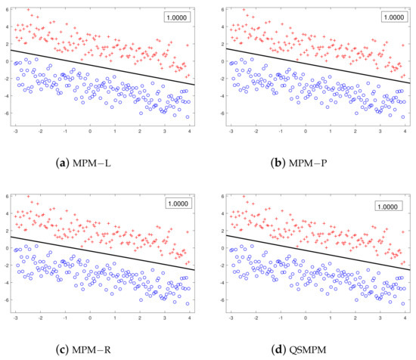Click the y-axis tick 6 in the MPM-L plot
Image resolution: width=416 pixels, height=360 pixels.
[5, 9]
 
